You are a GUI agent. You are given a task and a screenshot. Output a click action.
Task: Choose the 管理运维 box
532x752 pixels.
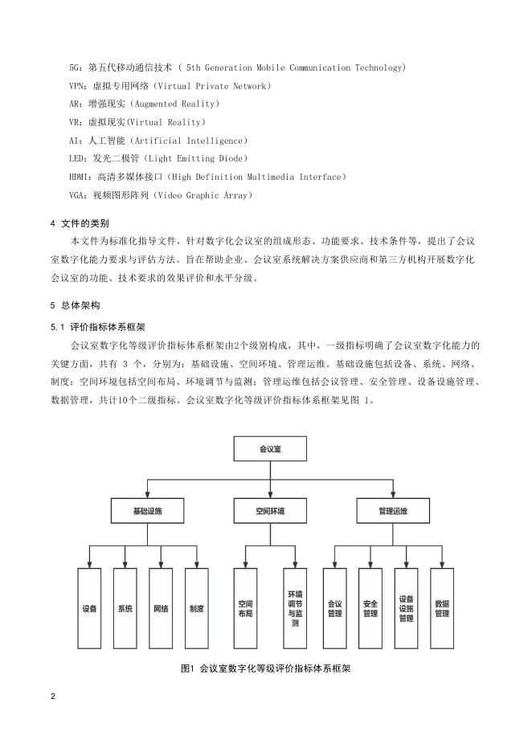(392, 510)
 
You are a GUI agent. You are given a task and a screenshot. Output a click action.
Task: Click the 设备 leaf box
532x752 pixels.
(89, 608)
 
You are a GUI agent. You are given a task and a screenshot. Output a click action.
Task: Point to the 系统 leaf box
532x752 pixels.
(125, 608)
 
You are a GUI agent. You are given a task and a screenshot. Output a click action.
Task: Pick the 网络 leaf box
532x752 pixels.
(161, 608)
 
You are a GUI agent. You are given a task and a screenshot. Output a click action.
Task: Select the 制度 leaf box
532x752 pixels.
(196, 608)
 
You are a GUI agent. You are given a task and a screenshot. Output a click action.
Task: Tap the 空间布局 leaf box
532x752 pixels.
(246, 608)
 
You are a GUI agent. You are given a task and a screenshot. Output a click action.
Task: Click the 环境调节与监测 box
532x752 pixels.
(294, 608)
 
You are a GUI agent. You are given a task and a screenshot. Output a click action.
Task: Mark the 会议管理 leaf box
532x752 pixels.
(334, 608)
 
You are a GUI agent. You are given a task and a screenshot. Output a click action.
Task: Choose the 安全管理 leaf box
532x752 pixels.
(370, 608)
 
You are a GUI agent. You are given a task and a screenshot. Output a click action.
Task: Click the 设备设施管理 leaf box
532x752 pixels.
(406, 608)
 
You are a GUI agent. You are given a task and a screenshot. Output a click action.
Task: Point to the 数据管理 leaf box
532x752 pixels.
(441, 608)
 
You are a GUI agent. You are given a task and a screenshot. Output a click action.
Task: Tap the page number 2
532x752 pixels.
(53, 696)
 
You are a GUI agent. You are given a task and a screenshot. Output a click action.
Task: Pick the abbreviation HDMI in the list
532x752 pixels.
(81, 176)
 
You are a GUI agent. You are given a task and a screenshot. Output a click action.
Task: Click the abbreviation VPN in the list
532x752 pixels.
(79, 85)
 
